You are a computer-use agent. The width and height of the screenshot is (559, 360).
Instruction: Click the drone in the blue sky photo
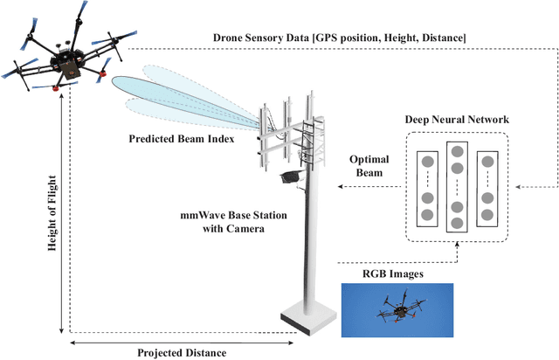[398, 308]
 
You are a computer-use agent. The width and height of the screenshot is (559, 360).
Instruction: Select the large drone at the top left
[63, 54]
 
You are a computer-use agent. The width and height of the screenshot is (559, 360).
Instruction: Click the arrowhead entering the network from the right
[518, 187]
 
